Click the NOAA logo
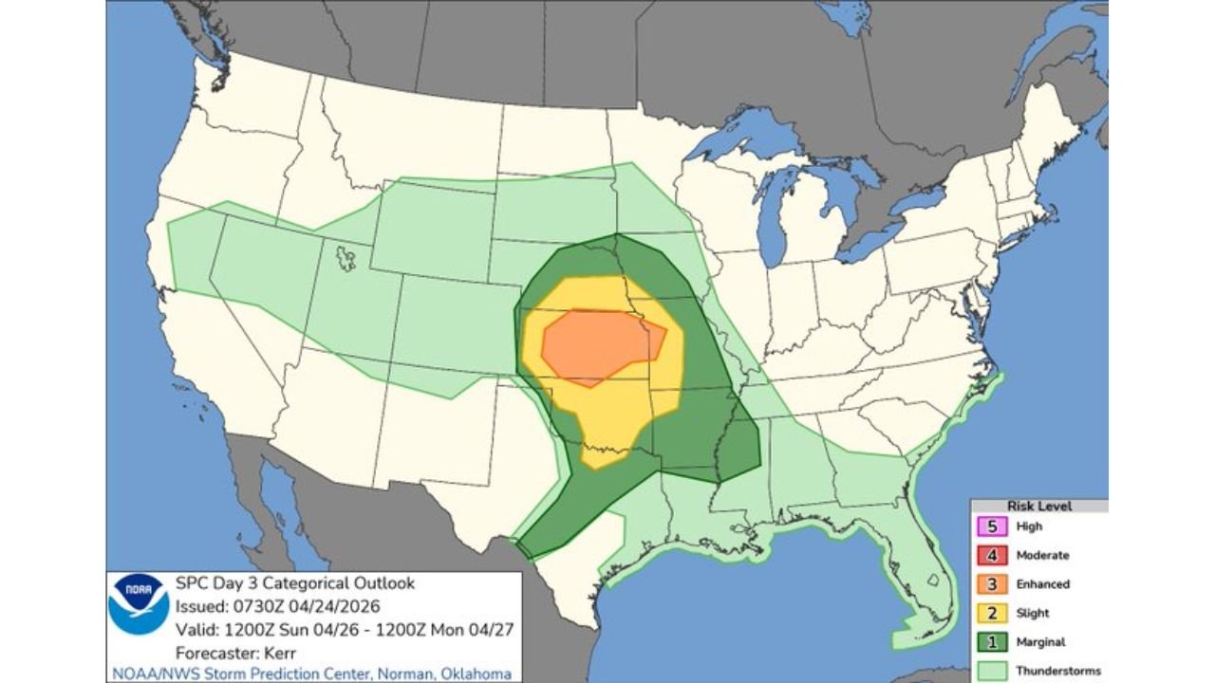click(139, 605)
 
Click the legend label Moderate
click(1042, 555)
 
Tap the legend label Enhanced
click(1043, 584)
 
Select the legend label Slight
click(1033, 613)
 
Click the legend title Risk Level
click(1039, 507)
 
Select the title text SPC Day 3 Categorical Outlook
click(295, 583)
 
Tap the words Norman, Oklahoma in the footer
click(450, 674)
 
